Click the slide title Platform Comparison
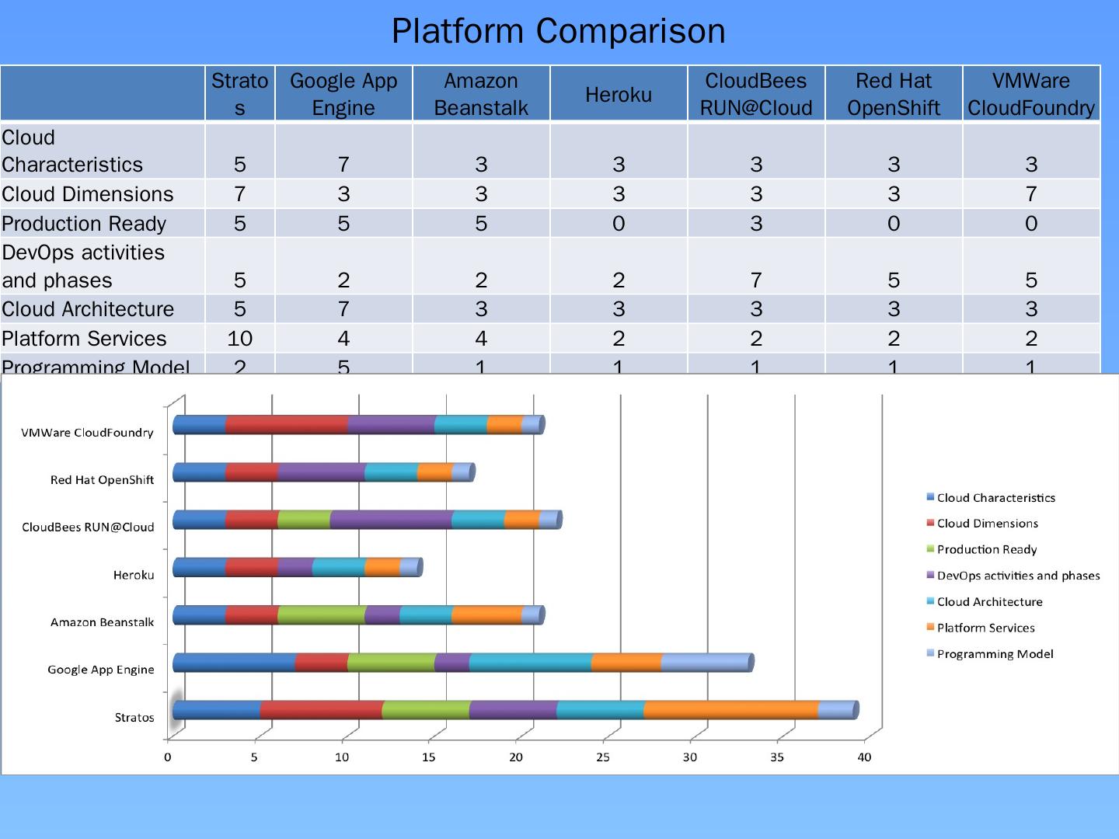click(558, 31)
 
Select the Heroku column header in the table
click(619, 95)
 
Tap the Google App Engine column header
click(343, 94)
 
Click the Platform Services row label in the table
click(84, 339)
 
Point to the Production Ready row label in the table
click(84, 224)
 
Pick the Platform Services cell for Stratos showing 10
click(239, 339)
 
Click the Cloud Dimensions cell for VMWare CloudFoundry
click(1030, 194)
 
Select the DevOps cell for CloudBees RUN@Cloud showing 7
click(755, 280)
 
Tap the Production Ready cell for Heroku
click(619, 224)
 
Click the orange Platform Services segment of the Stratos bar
click(730, 710)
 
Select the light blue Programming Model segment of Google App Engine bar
click(706, 663)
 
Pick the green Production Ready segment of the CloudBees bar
click(304, 520)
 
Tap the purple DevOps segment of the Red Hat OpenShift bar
click(321, 472)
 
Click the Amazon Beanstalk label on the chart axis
click(102, 622)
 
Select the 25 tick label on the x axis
click(603, 757)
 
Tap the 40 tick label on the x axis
click(864, 757)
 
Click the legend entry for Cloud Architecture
click(989, 602)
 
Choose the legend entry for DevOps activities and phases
click(1018, 576)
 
